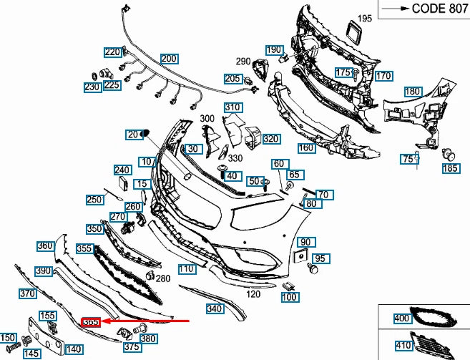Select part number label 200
click(x=169, y=59)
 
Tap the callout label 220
click(x=112, y=52)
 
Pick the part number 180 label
click(x=412, y=92)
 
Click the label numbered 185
click(x=450, y=169)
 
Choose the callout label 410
click(x=403, y=344)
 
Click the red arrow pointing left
click(x=147, y=322)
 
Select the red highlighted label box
click(x=91, y=323)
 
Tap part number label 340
click(x=215, y=309)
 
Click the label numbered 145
click(x=31, y=353)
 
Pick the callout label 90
click(x=305, y=242)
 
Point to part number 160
click(x=306, y=148)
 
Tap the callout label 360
click(x=46, y=245)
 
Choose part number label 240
click(x=122, y=170)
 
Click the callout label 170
click(x=383, y=76)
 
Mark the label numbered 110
click(x=187, y=269)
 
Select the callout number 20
click(x=133, y=134)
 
